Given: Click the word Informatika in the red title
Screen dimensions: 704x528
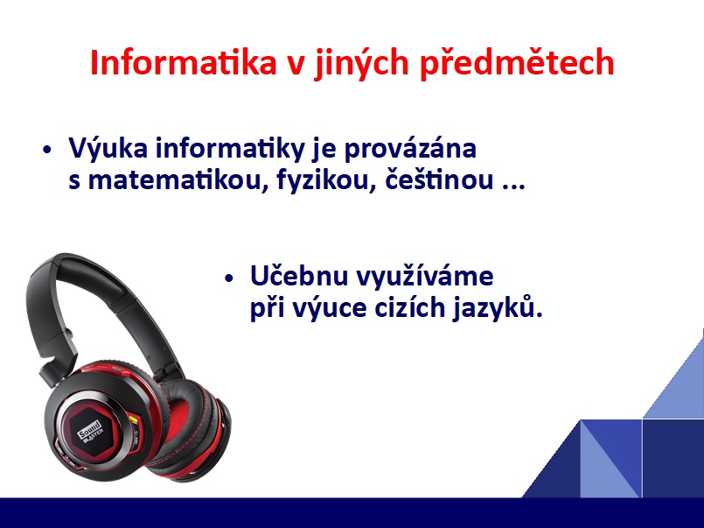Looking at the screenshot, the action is (183, 62).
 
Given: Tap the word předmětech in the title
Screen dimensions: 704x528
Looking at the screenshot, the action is (517, 63).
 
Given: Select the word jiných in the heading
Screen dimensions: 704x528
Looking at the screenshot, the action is (362, 64).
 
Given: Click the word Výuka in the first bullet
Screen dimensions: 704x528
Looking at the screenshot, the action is (108, 147).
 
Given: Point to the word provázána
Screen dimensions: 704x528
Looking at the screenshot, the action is (410, 149).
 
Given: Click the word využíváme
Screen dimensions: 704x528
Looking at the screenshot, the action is (425, 277).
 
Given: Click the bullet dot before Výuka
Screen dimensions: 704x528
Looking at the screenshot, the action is (47, 150).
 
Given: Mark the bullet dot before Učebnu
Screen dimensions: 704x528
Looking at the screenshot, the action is (229, 278).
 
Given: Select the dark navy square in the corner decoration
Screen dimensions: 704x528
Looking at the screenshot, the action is (673, 458).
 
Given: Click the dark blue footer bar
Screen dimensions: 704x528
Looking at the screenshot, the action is (352, 513).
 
